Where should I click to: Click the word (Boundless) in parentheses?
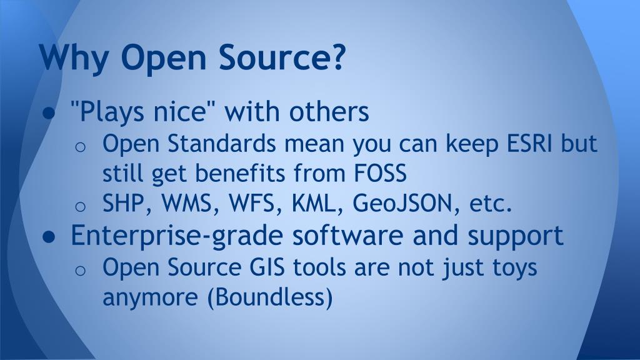269,297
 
